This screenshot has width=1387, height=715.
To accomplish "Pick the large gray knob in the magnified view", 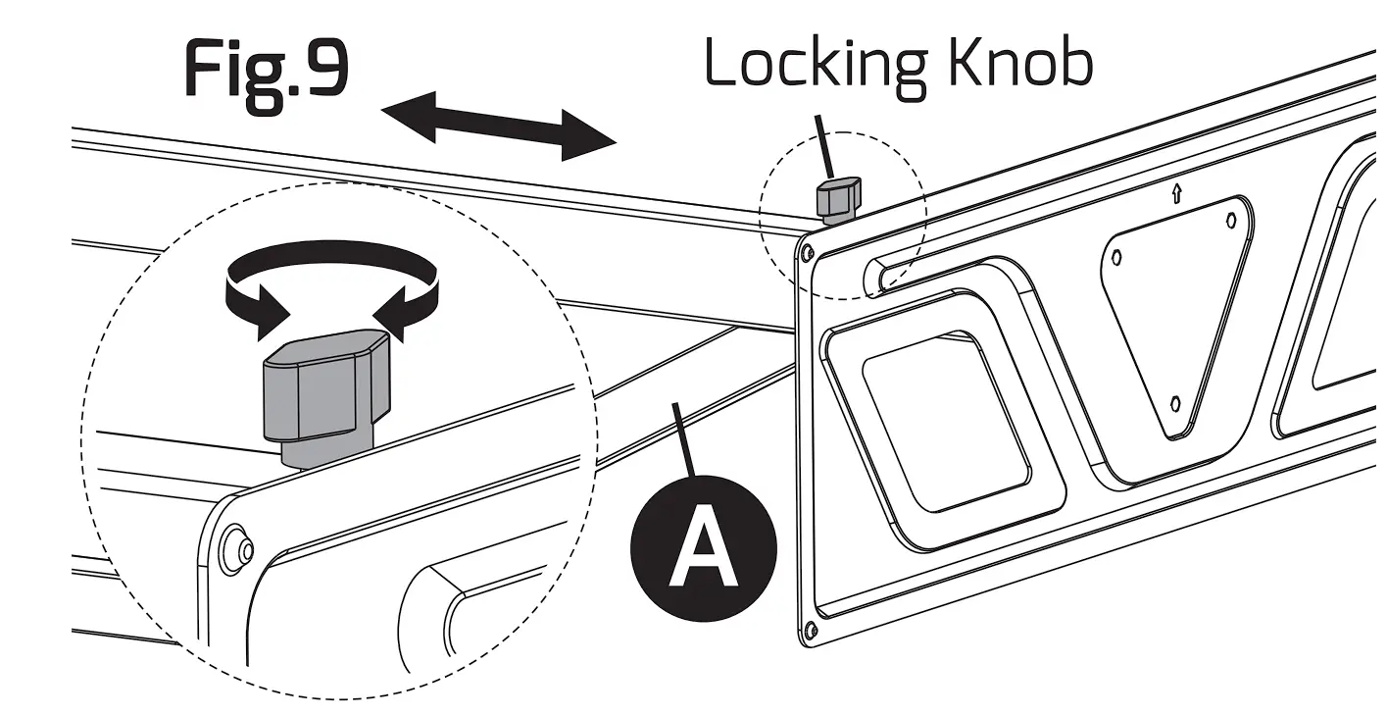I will (324, 386).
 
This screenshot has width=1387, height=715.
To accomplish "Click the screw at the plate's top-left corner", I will (806, 253).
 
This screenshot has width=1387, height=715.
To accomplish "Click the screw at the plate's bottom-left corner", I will (809, 629).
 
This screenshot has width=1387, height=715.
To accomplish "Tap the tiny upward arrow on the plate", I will (1176, 193).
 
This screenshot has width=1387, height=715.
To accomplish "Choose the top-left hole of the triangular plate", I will (1116, 258).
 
